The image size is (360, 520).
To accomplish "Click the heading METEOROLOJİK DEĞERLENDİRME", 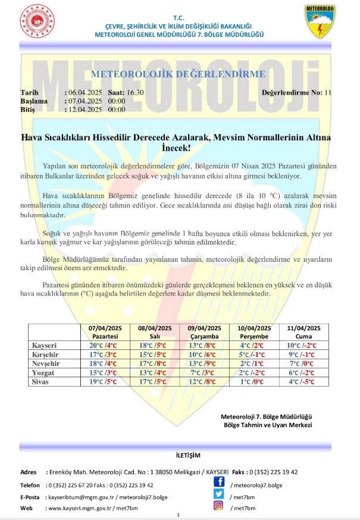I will click(x=178, y=74).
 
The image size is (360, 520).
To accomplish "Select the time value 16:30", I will click(x=134, y=93).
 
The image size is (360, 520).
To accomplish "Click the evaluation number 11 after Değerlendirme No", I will click(x=328, y=93).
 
